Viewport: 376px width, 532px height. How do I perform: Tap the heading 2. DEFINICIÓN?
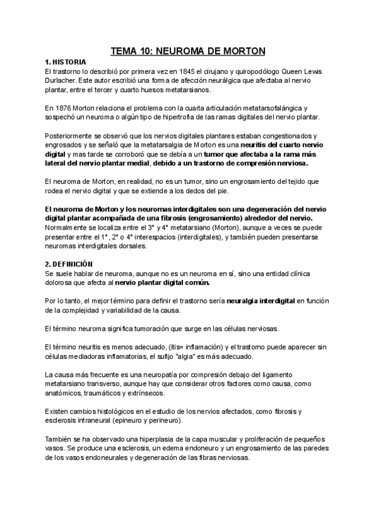click(69, 263)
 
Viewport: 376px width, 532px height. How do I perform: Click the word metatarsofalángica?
click(275, 108)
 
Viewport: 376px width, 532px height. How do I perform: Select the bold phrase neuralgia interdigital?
click(258, 301)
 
